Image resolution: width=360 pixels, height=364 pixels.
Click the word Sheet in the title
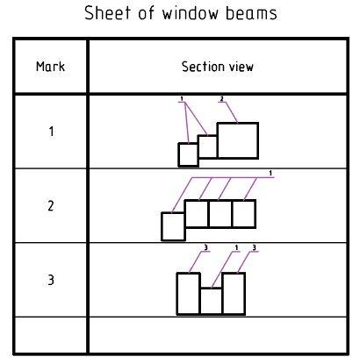coord(107,13)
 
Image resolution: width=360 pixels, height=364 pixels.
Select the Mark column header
coord(50,67)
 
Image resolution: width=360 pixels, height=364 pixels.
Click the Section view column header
coord(218,67)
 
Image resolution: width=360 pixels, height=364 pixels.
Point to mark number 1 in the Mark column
coord(51,132)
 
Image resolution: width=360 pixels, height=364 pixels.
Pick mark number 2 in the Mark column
coord(51,206)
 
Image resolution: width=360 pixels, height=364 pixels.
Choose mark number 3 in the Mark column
coord(51,280)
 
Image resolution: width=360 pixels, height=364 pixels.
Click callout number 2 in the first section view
coord(222,99)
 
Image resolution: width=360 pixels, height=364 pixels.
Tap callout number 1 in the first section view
coord(182,99)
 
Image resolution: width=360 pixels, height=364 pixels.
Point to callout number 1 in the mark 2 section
coord(270,173)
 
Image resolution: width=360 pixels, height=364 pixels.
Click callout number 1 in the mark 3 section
coord(236,248)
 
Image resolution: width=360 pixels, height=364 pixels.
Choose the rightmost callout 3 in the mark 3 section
coord(254,248)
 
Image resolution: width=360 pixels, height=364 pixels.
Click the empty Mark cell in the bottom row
coord(51,335)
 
